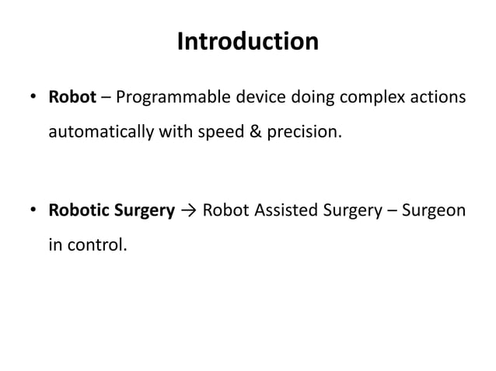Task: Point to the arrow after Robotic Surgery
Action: [x=187, y=211]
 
